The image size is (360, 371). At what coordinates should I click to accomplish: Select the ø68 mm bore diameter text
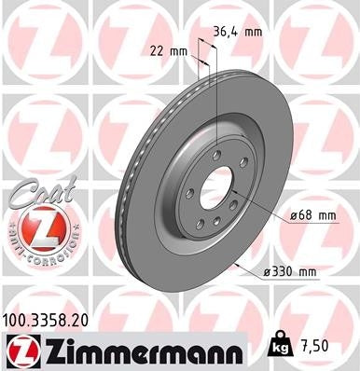click(x=312, y=215)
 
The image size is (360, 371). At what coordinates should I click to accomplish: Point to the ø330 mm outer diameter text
click(x=291, y=271)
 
